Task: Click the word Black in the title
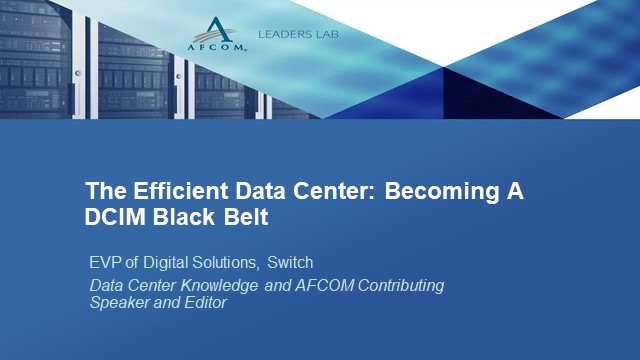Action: (x=180, y=216)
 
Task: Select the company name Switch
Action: (x=290, y=263)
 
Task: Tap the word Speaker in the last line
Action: (x=117, y=303)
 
